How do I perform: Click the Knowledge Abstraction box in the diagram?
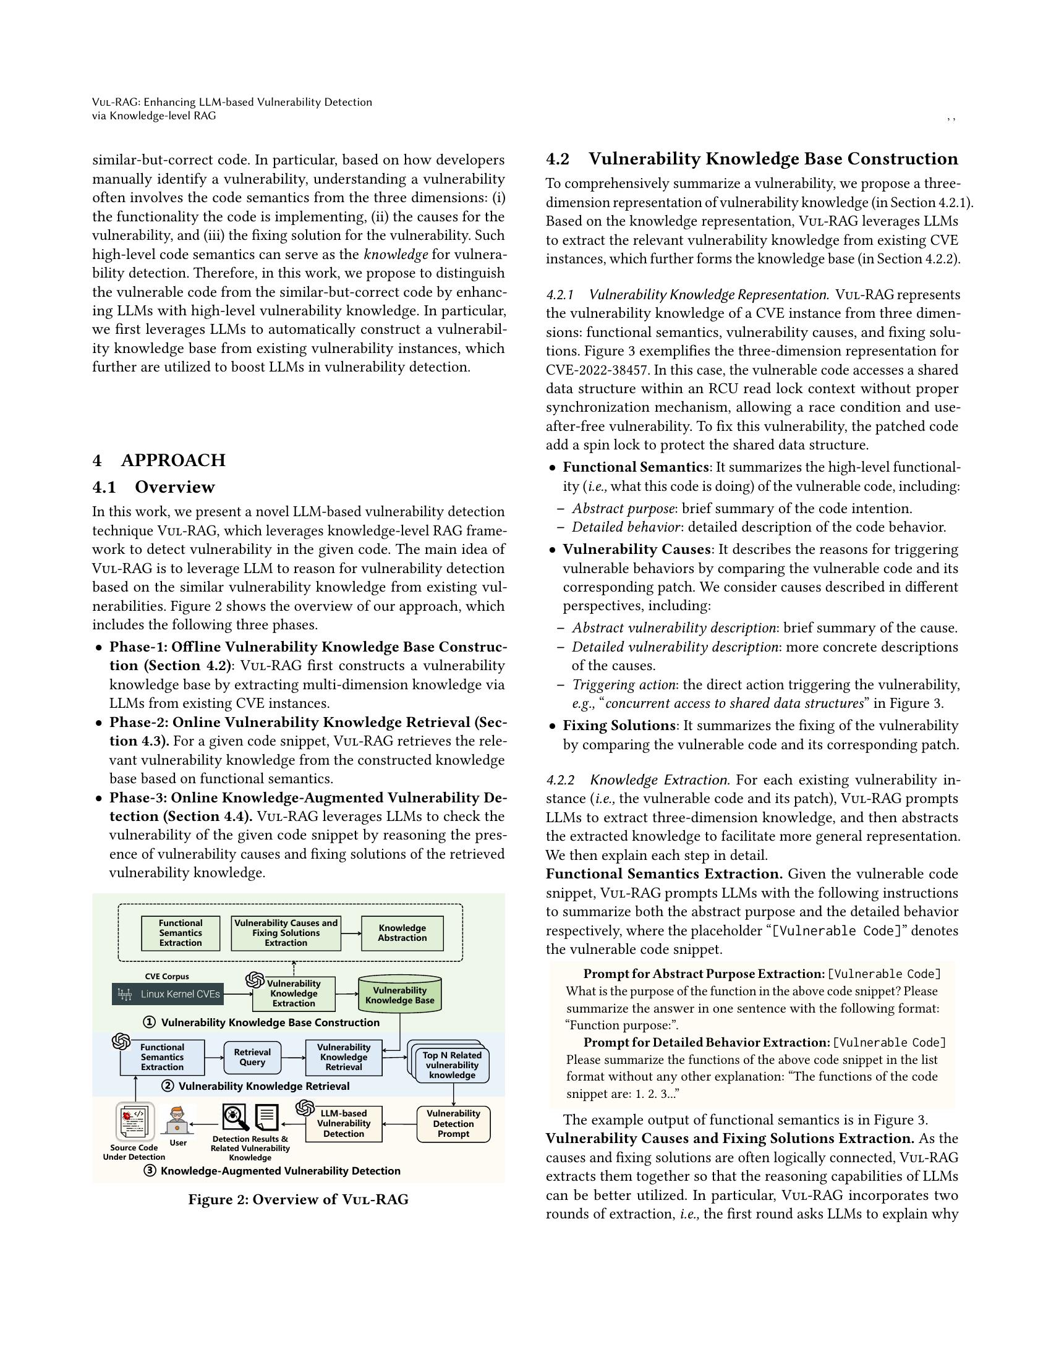tap(402, 933)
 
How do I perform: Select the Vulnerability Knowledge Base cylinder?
tap(400, 994)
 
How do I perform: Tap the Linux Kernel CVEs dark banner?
tap(168, 994)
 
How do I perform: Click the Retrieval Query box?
tap(252, 1056)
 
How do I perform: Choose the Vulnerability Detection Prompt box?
tap(453, 1123)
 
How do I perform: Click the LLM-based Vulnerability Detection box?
tap(344, 1123)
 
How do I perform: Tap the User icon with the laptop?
tap(177, 1121)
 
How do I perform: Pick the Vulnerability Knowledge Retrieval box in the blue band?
tap(344, 1056)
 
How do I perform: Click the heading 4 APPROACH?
tap(159, 460)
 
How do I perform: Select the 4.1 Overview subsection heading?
tap(154, 487)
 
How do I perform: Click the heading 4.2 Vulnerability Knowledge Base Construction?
tap(752, 159)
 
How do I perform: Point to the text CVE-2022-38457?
tap(592, 370)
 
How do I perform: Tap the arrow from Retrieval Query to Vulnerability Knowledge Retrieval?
tap(292, 1057)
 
